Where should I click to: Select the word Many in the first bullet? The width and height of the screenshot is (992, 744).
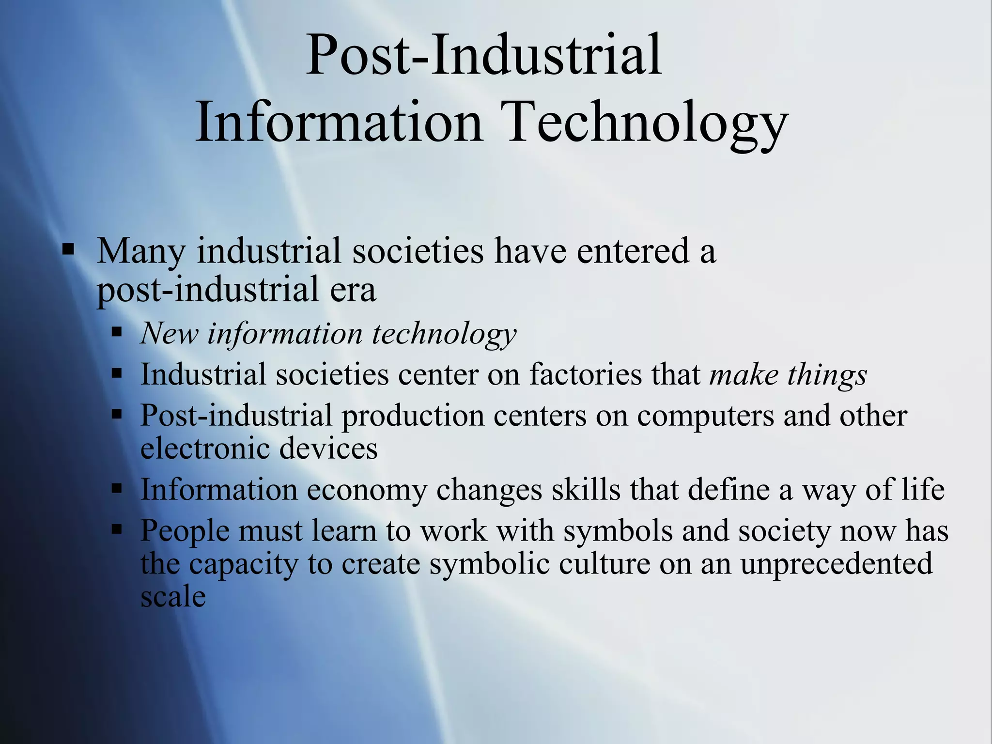[141, 252]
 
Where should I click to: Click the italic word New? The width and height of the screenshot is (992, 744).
[170, 334]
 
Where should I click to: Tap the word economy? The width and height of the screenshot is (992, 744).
[367, 490]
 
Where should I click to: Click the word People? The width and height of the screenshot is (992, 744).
[185, 531]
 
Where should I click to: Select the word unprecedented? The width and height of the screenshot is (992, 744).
[836, 564]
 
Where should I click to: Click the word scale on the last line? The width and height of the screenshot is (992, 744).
[173, 597]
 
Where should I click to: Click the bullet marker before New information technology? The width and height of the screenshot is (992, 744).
[116, 333]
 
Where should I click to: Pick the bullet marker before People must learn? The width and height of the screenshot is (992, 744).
[116, 529]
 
